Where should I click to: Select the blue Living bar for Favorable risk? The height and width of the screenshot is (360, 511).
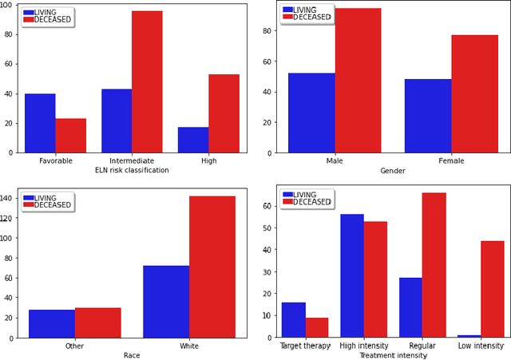point(40,123)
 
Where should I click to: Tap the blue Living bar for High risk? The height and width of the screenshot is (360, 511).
point(193,140)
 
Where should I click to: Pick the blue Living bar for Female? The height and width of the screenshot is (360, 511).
point(428,116)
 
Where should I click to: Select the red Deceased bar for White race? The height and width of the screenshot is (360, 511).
point(212,267)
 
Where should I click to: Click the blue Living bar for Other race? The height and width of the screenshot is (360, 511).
point(51,323)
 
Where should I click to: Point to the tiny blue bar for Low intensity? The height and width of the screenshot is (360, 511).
point(469,336)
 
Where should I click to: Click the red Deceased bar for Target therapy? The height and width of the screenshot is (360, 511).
point(316,327)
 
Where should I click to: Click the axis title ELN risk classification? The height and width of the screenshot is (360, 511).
point(132,170)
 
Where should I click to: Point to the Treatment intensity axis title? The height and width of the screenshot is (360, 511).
point(392,355)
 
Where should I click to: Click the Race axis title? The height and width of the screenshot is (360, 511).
point(132,355)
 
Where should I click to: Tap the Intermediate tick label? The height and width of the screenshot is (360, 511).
point(132,160)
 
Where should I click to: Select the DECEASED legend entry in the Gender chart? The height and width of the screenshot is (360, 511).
point(311,17)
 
